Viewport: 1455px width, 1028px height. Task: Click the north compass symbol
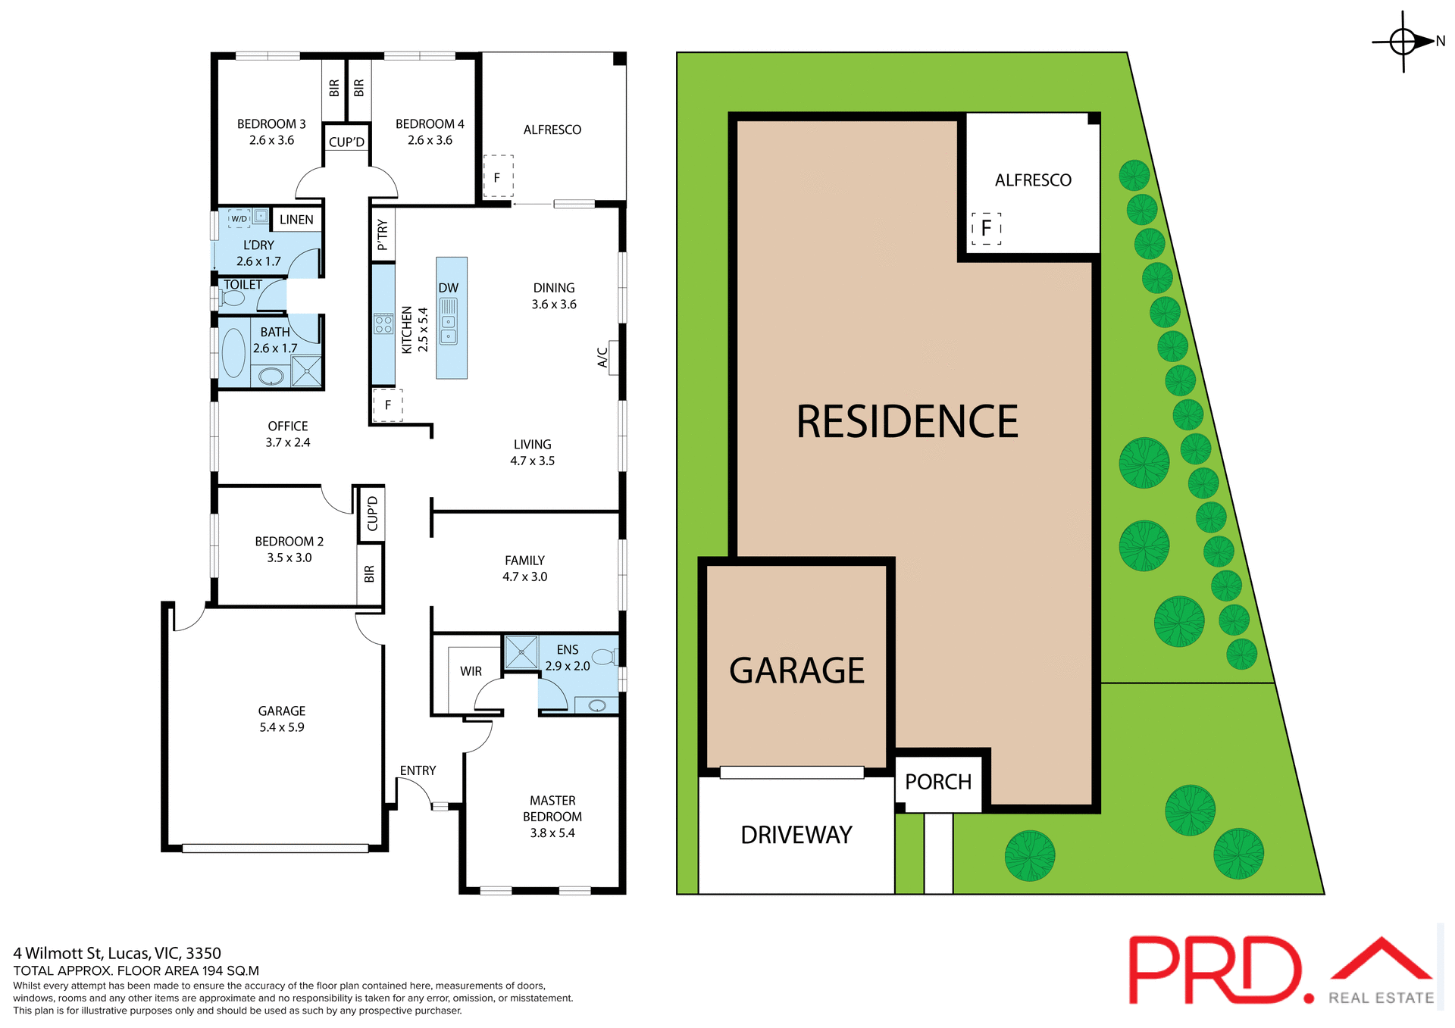coord(1403,42)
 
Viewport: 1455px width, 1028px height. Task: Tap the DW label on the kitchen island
coord(449,288)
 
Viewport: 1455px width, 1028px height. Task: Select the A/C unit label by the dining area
coord(603,358)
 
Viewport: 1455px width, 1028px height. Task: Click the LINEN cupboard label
coord(296,220)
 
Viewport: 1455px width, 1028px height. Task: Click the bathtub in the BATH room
coord(233,352)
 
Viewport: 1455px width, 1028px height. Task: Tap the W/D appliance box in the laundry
coord(239,219)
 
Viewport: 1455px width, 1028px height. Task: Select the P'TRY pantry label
coord(383,235)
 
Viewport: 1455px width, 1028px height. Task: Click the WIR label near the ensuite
coord(471,671)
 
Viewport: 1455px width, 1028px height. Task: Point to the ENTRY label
coord(418,770)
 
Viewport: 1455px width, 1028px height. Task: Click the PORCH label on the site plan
coord(938,782)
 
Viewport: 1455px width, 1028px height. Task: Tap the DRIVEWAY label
coord(796,835)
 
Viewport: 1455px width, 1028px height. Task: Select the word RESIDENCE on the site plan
coord(907,422)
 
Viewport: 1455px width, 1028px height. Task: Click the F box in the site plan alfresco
coord(986,228)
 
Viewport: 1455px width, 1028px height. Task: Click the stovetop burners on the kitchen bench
coord(383,324)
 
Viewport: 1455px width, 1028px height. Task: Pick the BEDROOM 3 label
coord(271,124)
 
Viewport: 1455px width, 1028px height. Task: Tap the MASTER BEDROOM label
coord(552,808)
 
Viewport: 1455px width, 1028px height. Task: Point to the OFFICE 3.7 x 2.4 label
coord(288,434)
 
